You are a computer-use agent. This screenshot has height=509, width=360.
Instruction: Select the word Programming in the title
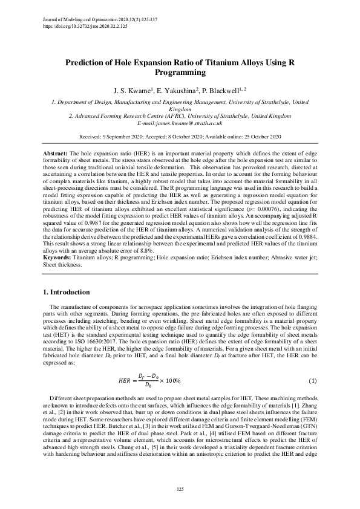tap(180, 72)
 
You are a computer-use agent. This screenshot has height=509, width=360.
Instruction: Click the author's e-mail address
tap(180, 123)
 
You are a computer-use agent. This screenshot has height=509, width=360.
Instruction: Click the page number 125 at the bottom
tap(180, 488)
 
